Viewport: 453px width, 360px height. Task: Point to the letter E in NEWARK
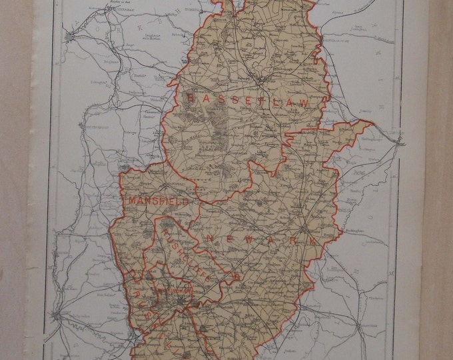pyautogui.click(x=228, y=238)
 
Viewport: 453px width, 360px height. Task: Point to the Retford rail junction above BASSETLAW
pyautogui.click(x=265, y=80)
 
